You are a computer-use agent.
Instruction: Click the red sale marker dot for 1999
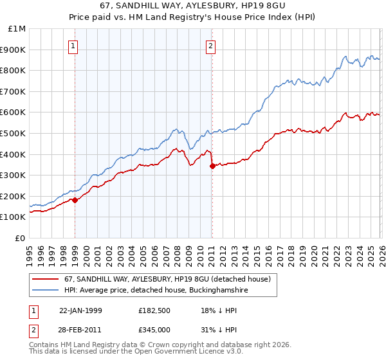[x=75, y=200]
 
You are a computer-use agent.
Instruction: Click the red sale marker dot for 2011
[x=212, y=166]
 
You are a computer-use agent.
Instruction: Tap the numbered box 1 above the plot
[x=73, y=46]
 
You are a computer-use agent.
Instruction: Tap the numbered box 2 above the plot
[x=210, y=46]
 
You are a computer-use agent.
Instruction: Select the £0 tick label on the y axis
[x=20, y=238]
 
